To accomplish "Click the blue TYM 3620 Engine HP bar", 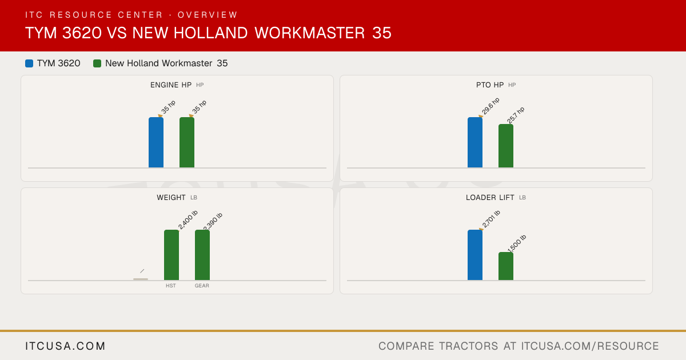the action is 156,142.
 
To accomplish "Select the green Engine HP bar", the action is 187,142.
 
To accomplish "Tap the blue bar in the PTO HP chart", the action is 475,142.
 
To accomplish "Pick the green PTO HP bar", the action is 506,146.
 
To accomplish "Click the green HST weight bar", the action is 171,255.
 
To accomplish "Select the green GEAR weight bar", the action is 202,255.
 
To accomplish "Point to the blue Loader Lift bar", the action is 475,255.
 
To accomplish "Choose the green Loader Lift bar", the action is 506,266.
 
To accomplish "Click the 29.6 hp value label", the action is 490,106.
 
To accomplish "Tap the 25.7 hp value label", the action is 516,115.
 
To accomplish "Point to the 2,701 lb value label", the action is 491,219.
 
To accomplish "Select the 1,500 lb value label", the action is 517,243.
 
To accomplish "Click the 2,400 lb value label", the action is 188,220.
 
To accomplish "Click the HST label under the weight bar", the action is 171,286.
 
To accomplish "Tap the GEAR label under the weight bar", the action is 202,286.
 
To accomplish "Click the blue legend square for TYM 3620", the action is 29,63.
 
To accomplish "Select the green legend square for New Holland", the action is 97,63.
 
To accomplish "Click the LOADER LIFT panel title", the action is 490,198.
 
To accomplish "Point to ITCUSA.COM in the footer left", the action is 65,346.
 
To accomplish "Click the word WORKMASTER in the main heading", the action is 310,33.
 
